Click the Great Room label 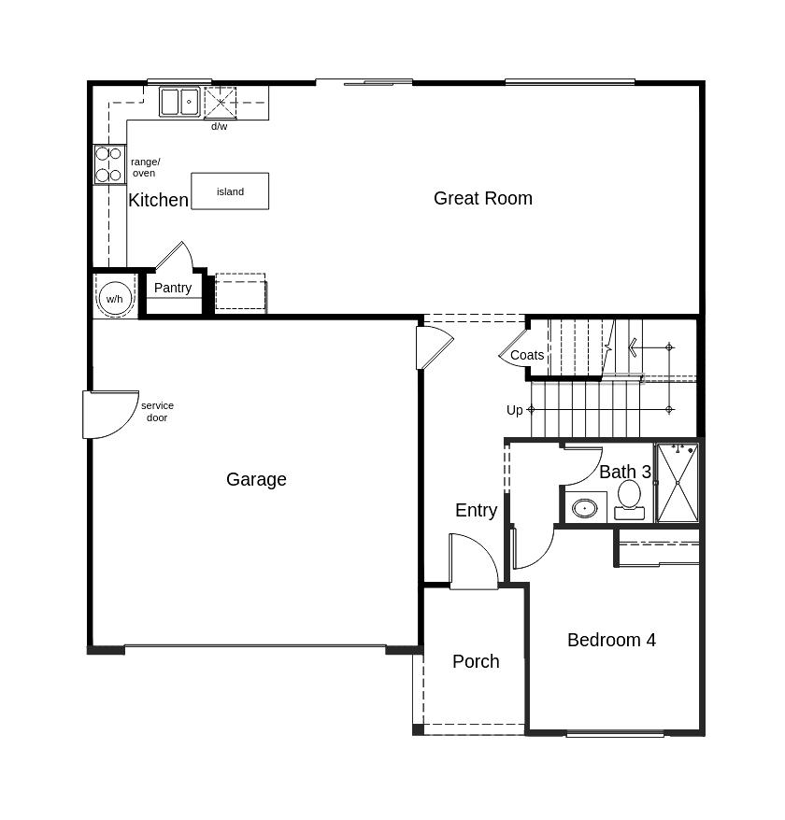(482, 198)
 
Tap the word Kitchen (158, 200)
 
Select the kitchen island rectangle (230, 191)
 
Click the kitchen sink (179, 101)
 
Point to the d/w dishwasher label (219, 126)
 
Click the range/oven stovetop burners (109, 164)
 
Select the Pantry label (173, 288)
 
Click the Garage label (256, 479)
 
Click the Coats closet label (527, 355)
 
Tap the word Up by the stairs (515, 410)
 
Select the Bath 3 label (624, 472)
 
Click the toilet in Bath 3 (629, 499)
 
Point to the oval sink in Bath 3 (585, 508)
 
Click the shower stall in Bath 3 (678, 483)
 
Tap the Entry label (476, 510)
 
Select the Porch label (476, 661)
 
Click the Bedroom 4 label (611, 640)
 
